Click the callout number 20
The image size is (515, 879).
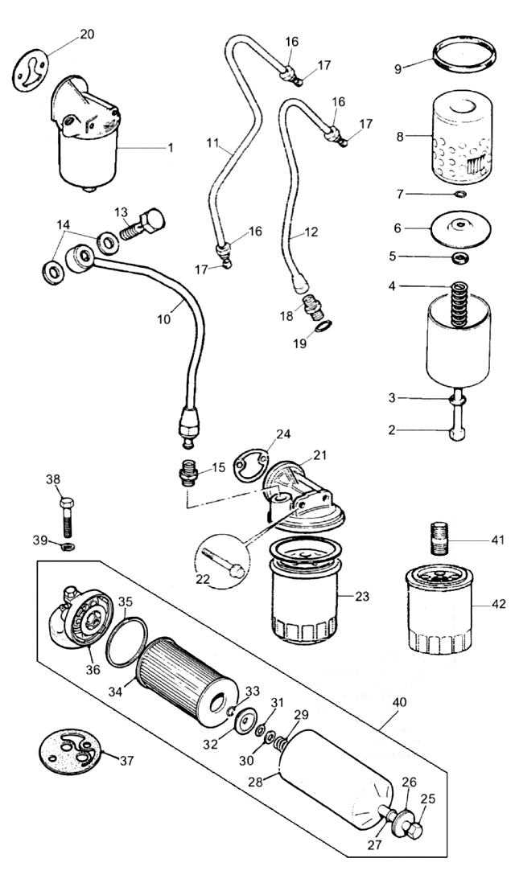click(x=87, y=34)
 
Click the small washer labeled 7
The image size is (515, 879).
click(x=459, y=194)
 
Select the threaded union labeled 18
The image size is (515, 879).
click(x=310, y=306)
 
